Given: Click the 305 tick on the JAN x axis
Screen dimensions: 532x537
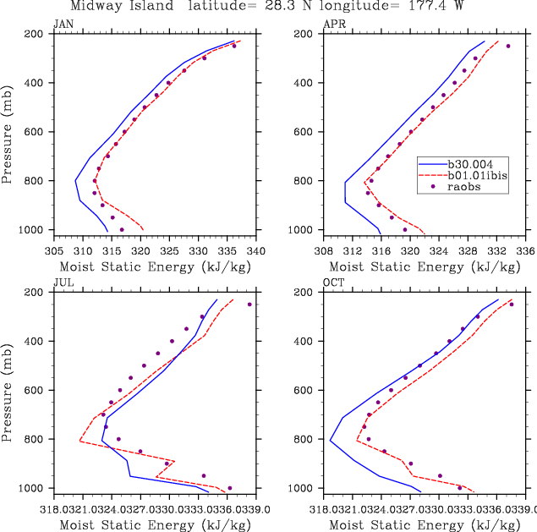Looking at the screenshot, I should [x=54, y=250].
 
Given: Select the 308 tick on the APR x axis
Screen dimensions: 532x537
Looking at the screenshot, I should [x=324, y=250].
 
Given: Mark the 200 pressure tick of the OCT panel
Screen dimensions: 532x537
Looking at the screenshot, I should [x=306, y=293].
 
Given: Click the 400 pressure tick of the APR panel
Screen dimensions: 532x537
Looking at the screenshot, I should [x=306, y=83].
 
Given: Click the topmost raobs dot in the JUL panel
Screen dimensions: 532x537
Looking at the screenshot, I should [x=249, y=304].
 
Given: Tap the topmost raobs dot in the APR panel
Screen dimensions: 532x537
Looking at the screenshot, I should [x=508, y=46].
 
